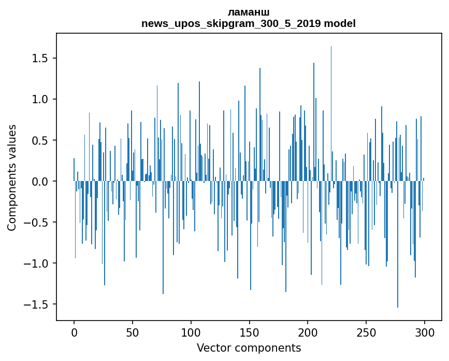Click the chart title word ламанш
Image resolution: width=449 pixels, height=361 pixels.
pos(248,12)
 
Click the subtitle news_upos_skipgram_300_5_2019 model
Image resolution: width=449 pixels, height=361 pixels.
pos(248,24)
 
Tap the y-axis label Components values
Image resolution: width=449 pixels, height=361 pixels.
pos(12,177)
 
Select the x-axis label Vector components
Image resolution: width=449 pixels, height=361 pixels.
pos(249,348)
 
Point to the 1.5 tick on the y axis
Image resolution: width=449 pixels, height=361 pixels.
pos(40,58)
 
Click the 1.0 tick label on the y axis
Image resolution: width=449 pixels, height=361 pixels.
pos(40,99)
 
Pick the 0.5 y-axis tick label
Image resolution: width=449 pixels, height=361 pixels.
pos(40,140)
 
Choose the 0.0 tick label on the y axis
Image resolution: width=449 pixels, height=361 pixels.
pos(40,182)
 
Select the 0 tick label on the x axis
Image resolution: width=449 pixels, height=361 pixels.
pos(74,331)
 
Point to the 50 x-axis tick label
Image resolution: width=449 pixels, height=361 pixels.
pos(133,331)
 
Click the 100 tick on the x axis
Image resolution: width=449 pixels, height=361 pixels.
pos(191,331)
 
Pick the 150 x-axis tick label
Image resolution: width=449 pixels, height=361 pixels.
pos(249,331)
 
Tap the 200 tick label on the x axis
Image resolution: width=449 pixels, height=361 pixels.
pos(308,331)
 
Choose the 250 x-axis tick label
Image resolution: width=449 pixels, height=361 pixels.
pos(366,331)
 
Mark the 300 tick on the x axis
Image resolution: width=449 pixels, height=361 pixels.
pos(425,331)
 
